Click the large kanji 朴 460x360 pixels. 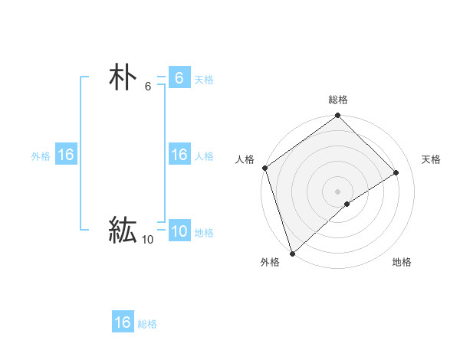pyautogui.click(x=123, y=78)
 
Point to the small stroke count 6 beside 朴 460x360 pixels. pyautogui.click(x=148, y=87)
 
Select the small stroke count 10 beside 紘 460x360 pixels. pyautogui.click(x=147, y=240)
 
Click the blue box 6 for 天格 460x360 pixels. pyautogui.click(x=179, y=78)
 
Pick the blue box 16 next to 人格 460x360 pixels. pyautogui.click(x=179, y=155)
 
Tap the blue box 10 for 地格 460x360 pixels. pyautogui.click(x=179, y=231)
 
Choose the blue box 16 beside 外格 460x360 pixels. pyautogui.click(x=66, y=155)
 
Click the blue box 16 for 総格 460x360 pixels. pyautogui.click(x=123, y=322)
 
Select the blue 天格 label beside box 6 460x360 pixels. pyautogui.click(x=204, y=80)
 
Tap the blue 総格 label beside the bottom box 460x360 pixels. pyautogui.click(x=147, y=324)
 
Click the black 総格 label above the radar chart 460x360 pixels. pyautogui.click(x=338, y=100)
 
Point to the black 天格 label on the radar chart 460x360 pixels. pyautogui.click(x=431, y=159)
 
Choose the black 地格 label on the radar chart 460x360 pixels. pyautogui.click(x=402, y=262)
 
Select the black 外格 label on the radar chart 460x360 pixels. pyautogui.click(x=270, y=262)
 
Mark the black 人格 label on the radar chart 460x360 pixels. pyautogui.click(x=245, y=159)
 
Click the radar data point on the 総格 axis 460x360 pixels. pyautogui.click(x=338, y=116)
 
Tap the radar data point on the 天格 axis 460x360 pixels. pyautogui.click(x=396, y=172)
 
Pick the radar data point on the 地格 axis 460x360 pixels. pyautogui.click(x=347, y=204)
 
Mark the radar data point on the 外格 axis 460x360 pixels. pyautogui.click(x=292, y=253)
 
